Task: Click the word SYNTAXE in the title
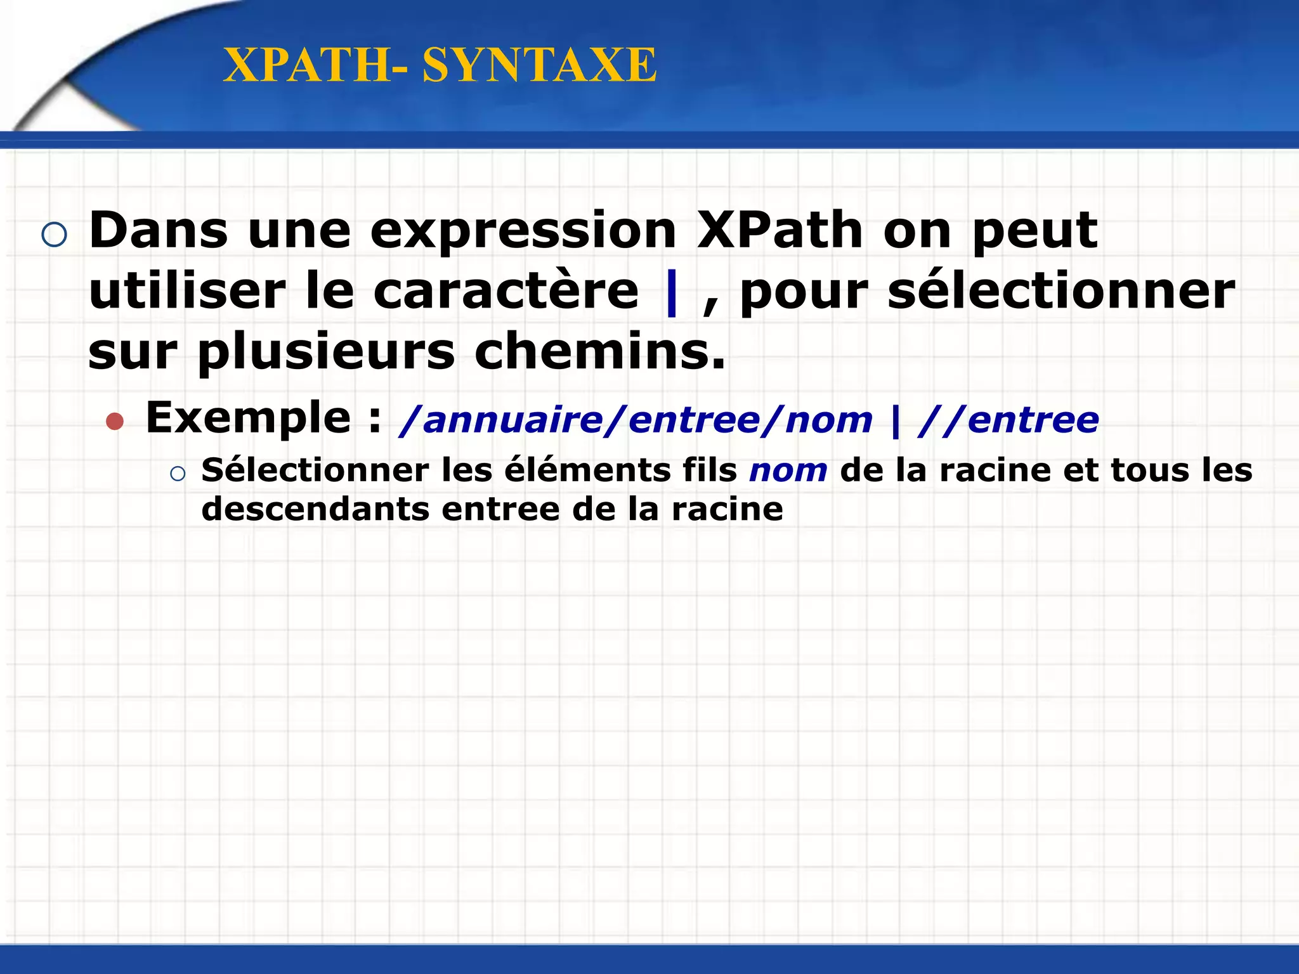[x=539, y=65]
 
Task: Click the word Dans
[x=159, y=230]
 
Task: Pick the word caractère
[x=506, y=292]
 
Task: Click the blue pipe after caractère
[x=672, y=293]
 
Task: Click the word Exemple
[x=248, y=419]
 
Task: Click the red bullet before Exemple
[x=115, y=422]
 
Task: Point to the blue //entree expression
[x=1009, y=420]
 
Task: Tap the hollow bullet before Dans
[x=54, y=235]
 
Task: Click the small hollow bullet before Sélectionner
[x=178, y=474]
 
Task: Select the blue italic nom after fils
[x=788, y=471]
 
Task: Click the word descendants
[x=315, y=509]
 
